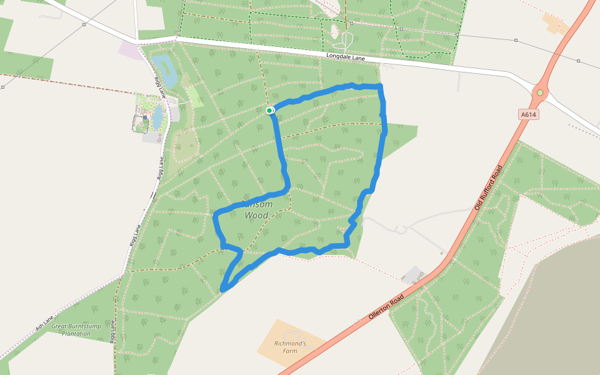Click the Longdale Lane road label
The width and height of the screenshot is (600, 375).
(346, 57)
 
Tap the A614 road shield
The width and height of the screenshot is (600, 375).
(529, 115)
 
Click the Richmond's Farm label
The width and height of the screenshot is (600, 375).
(290, 347)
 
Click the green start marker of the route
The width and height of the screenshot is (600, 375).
(269, 111)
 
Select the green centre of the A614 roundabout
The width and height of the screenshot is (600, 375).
(539, 93)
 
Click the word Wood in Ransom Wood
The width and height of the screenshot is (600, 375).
(256, 216)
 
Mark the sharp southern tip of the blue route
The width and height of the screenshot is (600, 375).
(223, 289)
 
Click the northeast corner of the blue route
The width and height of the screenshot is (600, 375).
(379, 86)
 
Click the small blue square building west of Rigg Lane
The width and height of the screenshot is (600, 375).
(145, 117)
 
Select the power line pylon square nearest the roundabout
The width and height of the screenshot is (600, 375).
(579, 61)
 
